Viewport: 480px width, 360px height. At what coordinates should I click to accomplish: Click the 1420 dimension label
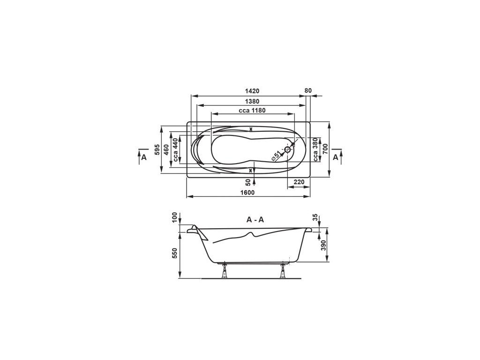point(252,91)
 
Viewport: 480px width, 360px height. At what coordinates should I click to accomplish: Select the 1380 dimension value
point(252,101)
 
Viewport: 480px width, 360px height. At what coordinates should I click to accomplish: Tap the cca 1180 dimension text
point(252,111)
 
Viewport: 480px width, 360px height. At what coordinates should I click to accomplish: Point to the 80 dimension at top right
point(308,90)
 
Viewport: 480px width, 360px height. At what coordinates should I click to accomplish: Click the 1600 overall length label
point(248,193)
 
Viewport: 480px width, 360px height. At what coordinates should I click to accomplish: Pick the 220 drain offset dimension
point(299,182)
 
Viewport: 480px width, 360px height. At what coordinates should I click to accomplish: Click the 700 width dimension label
point(325,149)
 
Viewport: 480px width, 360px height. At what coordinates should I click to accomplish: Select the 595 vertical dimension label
point(157,150)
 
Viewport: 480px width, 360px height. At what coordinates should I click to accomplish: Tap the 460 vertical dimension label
point(166,150)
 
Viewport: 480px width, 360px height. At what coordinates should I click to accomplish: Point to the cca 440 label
point(175,150)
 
